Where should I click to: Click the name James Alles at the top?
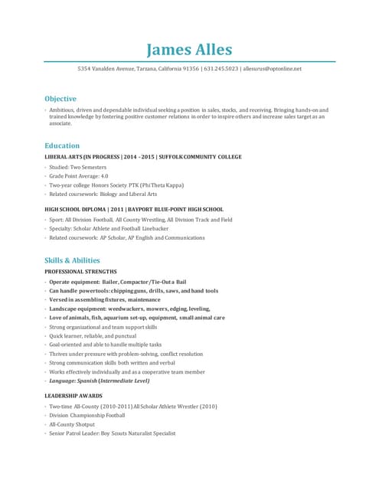click(189, 51)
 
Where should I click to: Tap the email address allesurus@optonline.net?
click(272, 69)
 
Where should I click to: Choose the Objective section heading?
click(60, 99)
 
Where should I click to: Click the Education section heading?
click(62, 145)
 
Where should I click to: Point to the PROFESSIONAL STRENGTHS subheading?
click(80, 272)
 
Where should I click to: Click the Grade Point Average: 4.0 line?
click(79, 176)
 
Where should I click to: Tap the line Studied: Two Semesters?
click(78, 167)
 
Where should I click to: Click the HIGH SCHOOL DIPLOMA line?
click(134, 209)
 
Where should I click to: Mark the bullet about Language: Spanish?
click(100, 381)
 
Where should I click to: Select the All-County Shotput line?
click(72, 424)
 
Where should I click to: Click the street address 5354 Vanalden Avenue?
click(106, 69)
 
